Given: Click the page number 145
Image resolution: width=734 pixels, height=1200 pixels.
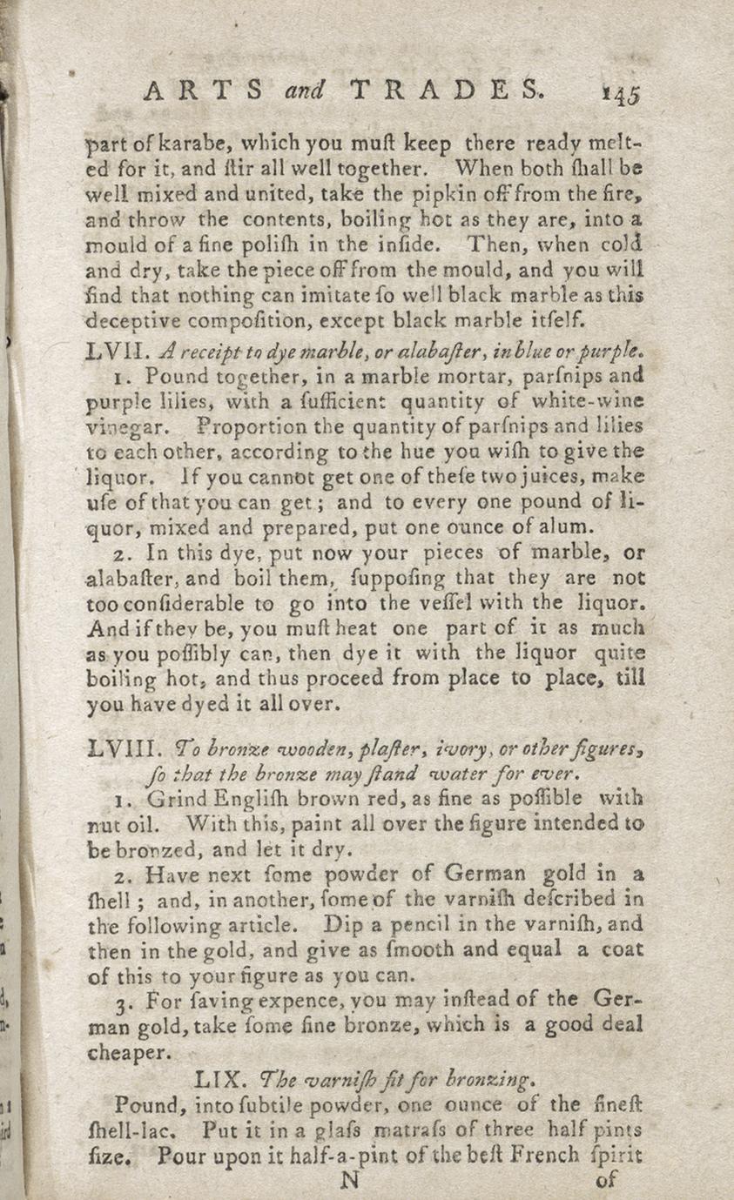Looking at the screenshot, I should tap(620, 94).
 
